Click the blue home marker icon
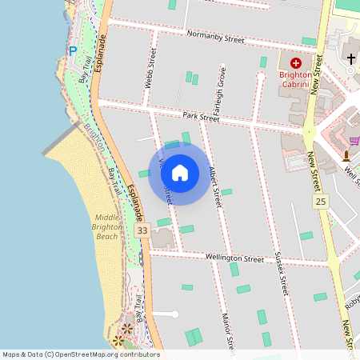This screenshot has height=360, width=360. coord(180,172)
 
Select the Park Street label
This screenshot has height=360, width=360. coord(200,117)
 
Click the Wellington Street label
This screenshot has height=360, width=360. coord(234,259)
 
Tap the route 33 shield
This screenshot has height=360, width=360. coord(142,230)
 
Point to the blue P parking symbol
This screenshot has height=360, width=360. coord(73,51)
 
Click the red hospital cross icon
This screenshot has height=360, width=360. coord(295,62)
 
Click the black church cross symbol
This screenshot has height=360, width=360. coord(350,58)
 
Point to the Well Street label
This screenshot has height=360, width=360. coord(350,172)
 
